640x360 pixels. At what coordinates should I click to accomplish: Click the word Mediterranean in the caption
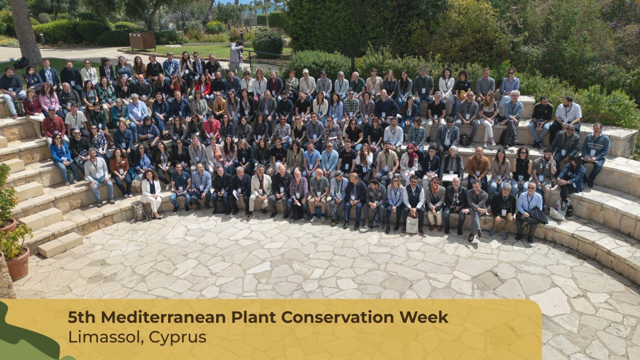coord(163,317)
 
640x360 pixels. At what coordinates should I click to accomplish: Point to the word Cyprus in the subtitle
coord(177,337)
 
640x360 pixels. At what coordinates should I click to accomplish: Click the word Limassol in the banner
coord(105,337)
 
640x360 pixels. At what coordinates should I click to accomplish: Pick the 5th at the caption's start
coord(81,317)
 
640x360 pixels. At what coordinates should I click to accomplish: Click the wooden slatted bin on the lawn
coord(142,40)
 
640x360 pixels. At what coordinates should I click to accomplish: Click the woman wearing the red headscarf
coord(409,162)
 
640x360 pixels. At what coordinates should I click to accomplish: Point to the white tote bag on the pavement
coord(412,224)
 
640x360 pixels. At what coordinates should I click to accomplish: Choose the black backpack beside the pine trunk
coord(21,63)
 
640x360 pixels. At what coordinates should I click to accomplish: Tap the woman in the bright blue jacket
coord(62,158)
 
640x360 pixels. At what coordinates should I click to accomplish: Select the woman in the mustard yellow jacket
coord(219,105)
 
